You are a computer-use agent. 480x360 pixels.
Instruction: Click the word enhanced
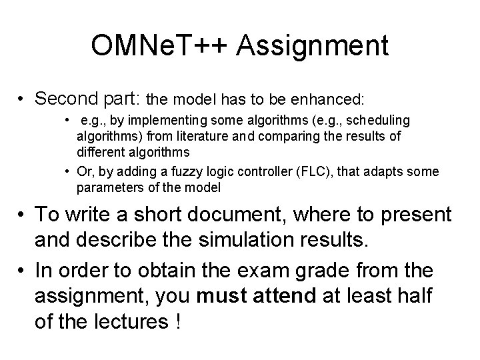click(x=327, y=100)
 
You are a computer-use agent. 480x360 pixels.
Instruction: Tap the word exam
click(x=290, y=271)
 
